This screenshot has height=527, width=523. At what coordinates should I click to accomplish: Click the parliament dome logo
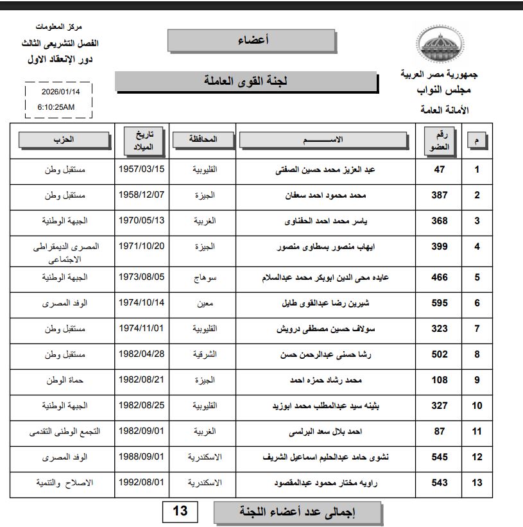point(440,44)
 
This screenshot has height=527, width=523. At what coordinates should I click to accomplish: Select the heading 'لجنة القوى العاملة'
point(246,82)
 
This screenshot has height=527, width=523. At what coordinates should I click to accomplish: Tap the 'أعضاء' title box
point(252,40)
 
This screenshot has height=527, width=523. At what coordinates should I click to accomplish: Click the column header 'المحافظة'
point(203,139)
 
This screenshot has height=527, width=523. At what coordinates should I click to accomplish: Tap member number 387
point(440,195)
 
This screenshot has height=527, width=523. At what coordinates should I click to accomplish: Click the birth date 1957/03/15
point(142,169)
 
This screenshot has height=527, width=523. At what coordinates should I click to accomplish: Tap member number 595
point(440,303)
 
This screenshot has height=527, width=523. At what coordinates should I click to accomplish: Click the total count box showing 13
point(180,512)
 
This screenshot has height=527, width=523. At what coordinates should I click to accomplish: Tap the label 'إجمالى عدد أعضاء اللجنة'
point(298,513)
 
